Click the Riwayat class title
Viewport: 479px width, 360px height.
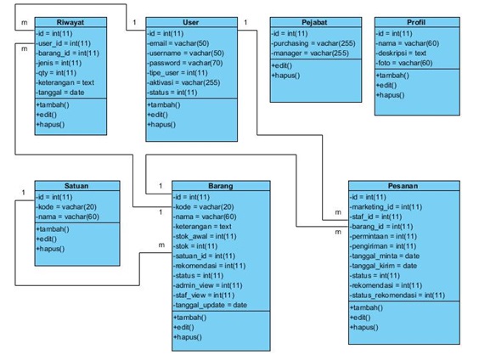70,22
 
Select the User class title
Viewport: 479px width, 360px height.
191,22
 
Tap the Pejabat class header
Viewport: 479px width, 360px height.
314,22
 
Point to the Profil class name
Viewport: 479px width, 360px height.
416,22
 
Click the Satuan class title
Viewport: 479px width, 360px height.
76,186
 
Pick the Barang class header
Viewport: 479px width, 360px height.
221,186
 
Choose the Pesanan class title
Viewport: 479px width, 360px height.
403,186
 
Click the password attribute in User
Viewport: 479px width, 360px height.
185,63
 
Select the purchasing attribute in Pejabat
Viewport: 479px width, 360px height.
313,43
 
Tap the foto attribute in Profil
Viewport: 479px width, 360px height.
404,63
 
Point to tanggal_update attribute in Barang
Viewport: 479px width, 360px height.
210,305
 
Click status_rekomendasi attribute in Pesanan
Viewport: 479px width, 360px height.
397,295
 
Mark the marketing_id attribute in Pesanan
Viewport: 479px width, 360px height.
386,207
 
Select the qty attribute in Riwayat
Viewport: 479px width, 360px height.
56,73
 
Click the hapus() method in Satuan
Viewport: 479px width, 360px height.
50,249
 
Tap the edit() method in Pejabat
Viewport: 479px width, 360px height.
282,65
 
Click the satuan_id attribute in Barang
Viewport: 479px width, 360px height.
205,256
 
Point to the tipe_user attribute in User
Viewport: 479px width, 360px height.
178,73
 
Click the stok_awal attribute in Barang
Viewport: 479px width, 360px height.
205,236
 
